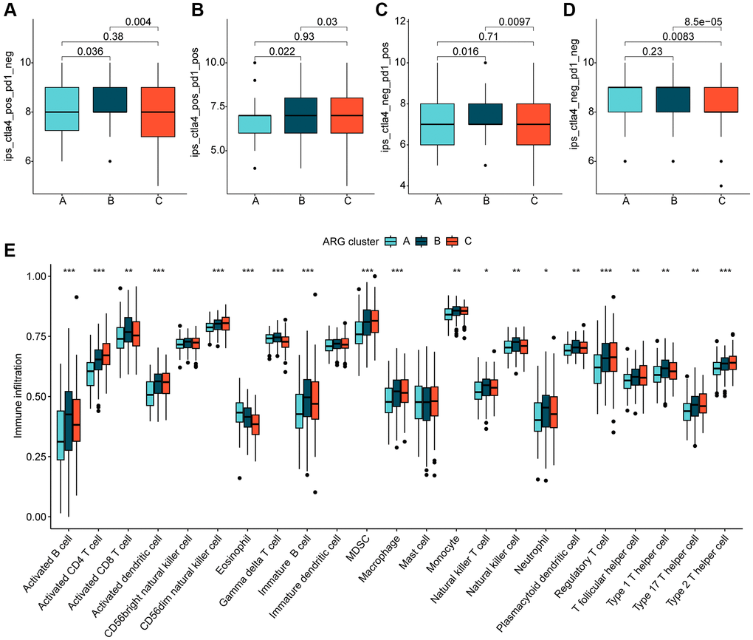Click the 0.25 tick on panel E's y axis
point(34,457)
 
